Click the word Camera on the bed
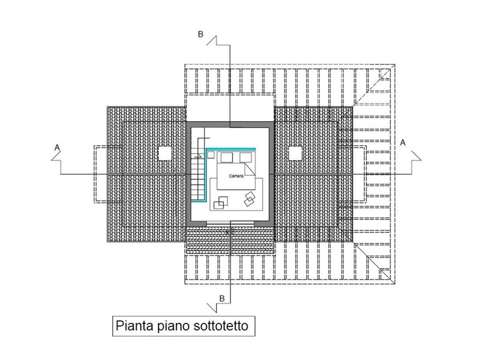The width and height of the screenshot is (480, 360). (236, 176)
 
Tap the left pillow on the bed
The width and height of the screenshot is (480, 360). (227, 158)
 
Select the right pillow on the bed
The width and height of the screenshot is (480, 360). (245, 158)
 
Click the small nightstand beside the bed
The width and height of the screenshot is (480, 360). (211, 155)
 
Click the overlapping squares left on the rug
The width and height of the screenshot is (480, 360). (221, 203)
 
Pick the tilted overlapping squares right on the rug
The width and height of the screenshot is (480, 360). (250, 199)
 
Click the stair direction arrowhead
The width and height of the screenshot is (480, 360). (200, 156)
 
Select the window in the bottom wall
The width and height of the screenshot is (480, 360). (230, 223)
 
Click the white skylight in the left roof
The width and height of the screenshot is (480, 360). (164, 153)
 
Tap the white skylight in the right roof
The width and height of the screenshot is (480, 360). (295, 153)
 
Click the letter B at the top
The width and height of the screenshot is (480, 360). (200, 34)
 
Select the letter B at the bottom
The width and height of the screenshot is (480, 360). (222, 298)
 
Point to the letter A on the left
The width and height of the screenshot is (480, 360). (57, 148)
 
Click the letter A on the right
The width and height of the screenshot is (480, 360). (403, 142)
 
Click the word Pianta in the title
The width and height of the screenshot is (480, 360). (134, 325)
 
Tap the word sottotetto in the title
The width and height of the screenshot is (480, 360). (221, 325)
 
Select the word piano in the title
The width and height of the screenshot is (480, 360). (173, 326)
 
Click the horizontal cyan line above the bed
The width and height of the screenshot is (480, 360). (231, 149)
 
